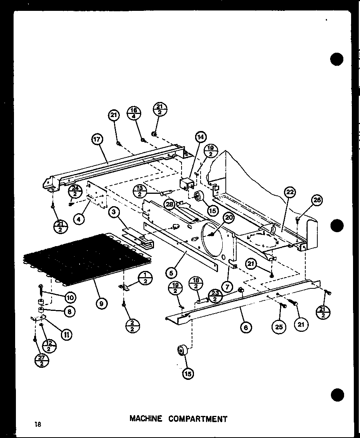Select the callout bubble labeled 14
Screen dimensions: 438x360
tap(201, 137)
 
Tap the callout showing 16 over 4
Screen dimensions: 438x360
tap(134, 113)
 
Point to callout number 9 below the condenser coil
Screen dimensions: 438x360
tap(101, 303)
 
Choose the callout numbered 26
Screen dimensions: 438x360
tap(317, 200)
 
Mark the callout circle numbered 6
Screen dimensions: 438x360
tap(245, 327)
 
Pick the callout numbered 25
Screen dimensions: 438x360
tap(279, 327)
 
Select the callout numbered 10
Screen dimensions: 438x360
tap(70, 297)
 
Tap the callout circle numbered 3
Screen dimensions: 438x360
tap(114, 212)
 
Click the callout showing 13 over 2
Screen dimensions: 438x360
tap(139, 191)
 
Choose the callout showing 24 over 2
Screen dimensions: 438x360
tap(75, 191)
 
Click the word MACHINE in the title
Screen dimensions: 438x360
tap(146, 419)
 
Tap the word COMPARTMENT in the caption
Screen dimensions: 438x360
tap(198, 419)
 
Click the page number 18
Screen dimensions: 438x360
tap(37, 424)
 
